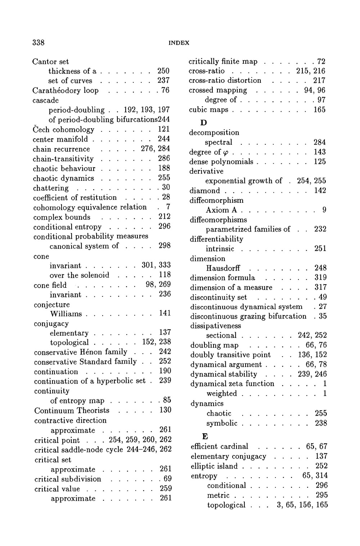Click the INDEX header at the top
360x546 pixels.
pos(179,43)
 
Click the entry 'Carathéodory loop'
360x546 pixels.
pos(66,90)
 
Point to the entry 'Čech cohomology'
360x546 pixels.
pos(63,130)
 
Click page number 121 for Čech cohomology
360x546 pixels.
pos(164,129)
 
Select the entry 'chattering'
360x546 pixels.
pos(51,188)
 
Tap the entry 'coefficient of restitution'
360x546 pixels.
pos(75,198)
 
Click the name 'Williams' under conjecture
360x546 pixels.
pos(66,314)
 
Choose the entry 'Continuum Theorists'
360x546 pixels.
pos(72,411)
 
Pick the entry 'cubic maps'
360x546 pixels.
pos(208,109)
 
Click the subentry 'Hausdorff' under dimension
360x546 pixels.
pos(223,268)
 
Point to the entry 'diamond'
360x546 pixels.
pos(204,191)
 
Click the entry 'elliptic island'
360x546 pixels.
pos(214,466)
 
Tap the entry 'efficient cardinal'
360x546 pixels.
pos(219,447)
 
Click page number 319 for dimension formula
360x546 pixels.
pos(320,278)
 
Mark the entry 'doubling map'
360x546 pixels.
pos(214,345)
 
